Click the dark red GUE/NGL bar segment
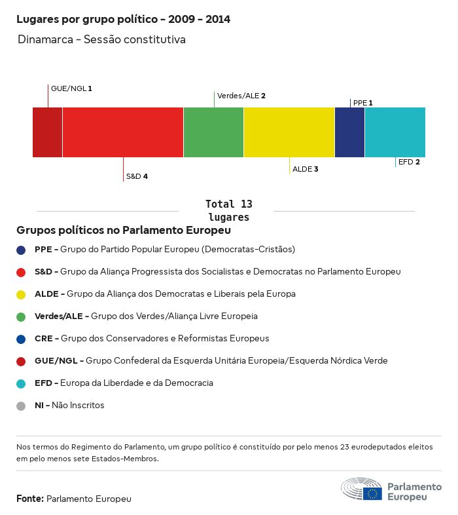click(47, 132)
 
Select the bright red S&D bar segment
click(123, 132)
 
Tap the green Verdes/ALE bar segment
click(213, 132)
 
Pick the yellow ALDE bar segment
click(289, 132)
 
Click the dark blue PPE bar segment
click(349, 132)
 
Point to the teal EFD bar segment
click(395, 132)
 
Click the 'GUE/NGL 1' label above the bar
click(71, 88)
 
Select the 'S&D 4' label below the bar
click(137, 176)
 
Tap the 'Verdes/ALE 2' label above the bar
click(241, 96)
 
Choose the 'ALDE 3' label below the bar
click(305, 169)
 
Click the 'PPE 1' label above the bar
click(362, 103)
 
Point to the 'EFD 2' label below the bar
click(408, 162)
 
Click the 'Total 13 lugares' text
click(228, 210)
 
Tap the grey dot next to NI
click(21, 406)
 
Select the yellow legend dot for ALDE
click(21, 294)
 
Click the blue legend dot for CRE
click(21, 339)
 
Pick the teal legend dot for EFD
click(21, 383)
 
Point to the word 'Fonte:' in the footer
click(30, 499)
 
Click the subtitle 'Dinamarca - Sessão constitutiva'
click(101, 39)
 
